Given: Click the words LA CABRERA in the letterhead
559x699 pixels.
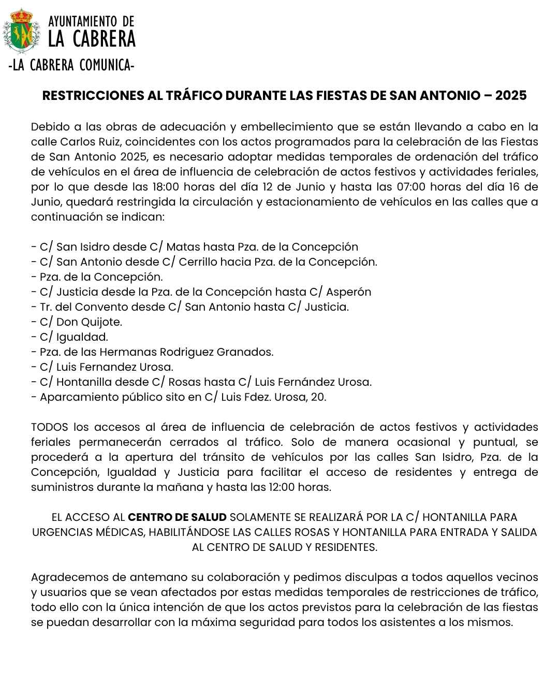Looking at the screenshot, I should point(92,39).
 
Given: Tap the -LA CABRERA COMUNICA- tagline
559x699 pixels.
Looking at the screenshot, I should point(72,66).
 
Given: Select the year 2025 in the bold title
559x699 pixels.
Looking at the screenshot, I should point(511,96).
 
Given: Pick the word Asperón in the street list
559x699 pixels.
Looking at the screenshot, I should point(350,292).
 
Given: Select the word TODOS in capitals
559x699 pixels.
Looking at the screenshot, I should point(50,427).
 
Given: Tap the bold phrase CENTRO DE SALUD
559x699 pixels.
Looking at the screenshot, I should point(177,517).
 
